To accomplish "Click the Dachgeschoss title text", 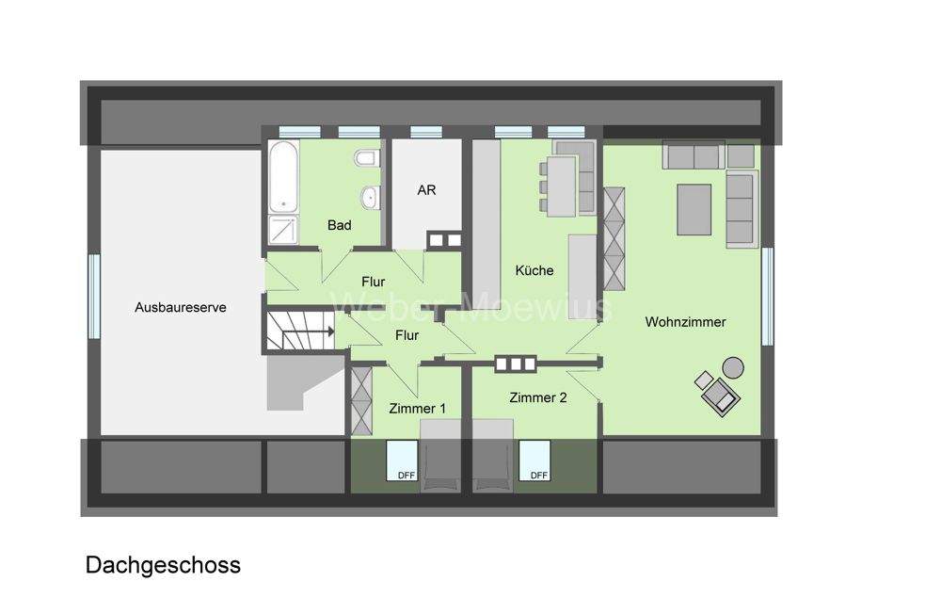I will coord(163,565).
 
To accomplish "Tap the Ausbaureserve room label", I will coord(180,307).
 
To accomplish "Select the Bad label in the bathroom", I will coord(339,225).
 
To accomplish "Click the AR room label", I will coord(426,189).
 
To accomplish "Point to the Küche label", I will coord(534,270).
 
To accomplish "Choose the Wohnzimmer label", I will coord(685,322).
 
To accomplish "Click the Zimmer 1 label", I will coord(417,408).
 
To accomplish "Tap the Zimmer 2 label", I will coord(537,397).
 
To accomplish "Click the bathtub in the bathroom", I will coord(282,177).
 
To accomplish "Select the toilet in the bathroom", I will coord(366,159).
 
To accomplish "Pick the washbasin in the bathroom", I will coord(370,198).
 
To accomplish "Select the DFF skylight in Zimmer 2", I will coord(538,460).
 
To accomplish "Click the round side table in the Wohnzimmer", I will coord(732,366).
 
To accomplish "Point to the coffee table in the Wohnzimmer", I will coord(694,209).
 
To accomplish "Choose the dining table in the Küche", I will coord(562,184).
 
